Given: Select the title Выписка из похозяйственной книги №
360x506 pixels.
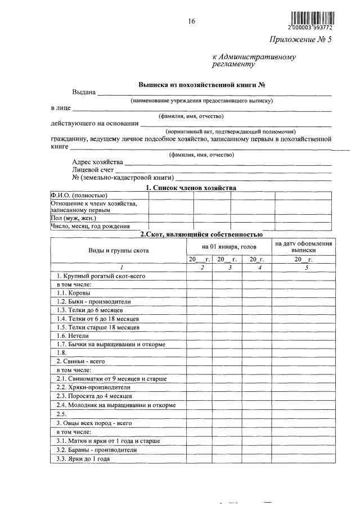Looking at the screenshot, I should pyautogui.click(x=201, y=85).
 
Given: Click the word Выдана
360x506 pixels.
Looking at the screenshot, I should pyautogui.click(x=84, y=92).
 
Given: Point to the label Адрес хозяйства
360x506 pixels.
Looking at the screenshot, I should pyautogui.click(x=97, y=162).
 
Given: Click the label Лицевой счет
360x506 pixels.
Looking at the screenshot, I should pyautogui.click(x=93, y=169).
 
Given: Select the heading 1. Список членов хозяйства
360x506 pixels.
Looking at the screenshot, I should pyautogui.click(x=191, y=187).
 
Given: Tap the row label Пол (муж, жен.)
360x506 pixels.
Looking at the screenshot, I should pyautogui.click(x=73, y=218).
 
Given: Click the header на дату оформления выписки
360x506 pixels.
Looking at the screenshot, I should pyautogui.click(x=303, y=247).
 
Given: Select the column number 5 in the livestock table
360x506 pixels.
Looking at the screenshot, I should pyautogui.click(x=307, y=268).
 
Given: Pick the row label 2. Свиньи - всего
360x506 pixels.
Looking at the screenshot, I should pyautogui.click(x=82, y=362).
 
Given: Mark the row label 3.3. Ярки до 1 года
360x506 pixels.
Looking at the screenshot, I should pyautogui.click(x=83, y=459).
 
